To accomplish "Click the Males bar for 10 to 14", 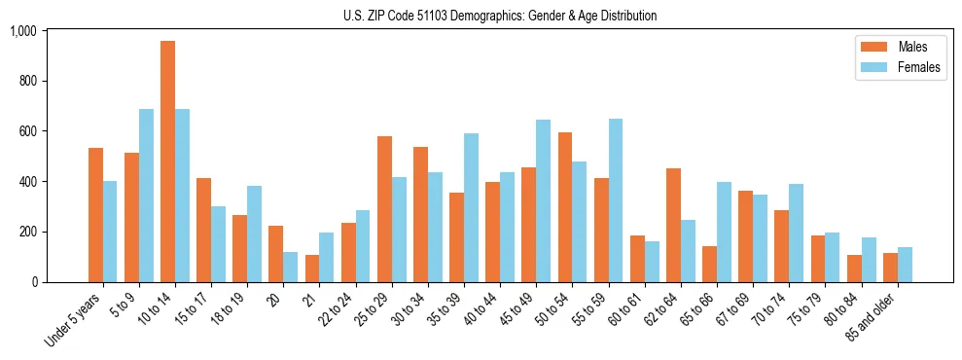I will coord(168,162).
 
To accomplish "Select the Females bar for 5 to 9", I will coord(146,196).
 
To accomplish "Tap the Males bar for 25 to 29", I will coord(384,209).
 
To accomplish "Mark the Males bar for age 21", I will coord(312,269).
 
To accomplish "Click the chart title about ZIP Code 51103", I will coord(500,16).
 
